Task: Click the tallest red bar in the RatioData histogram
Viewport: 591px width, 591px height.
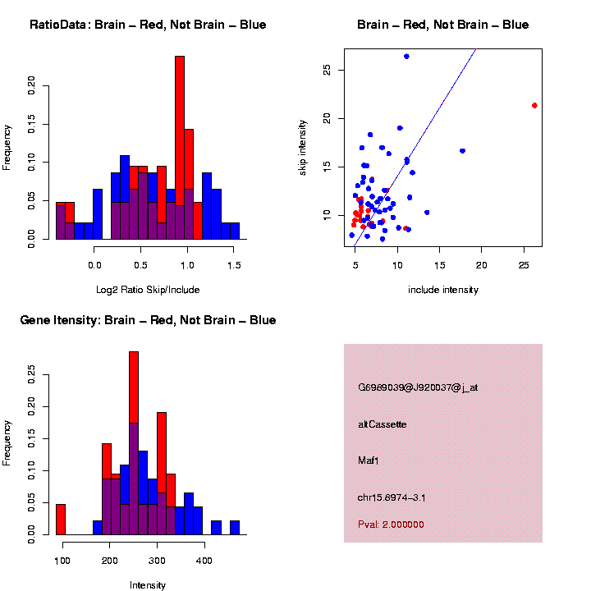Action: click(180, 148)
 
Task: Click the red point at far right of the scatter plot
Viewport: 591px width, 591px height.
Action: click(534, 105)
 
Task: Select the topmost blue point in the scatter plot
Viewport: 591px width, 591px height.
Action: click(406, 57)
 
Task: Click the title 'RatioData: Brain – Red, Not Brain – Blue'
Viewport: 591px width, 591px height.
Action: click(148, 25)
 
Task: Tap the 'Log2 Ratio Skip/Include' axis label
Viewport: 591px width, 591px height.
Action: click(148, 290)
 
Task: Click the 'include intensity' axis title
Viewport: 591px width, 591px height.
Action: click(442, 290)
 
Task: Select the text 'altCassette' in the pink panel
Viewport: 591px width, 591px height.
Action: click(383, 424)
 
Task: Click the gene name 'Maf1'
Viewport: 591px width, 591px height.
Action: click(369, 460)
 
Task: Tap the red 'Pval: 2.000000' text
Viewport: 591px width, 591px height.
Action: click(391, 525)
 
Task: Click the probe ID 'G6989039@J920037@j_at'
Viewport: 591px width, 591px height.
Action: click(418, 387)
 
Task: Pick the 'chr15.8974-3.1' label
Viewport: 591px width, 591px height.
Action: click(392, 497)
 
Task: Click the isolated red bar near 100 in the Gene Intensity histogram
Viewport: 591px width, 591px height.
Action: click(61, 520)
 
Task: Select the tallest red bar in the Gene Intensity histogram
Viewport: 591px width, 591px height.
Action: click(134, 443)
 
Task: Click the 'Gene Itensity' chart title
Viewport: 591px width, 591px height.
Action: click(148, 320)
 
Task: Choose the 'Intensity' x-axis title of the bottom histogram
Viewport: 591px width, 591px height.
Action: click(148, 585)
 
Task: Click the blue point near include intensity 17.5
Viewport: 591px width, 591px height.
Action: click(462, 151)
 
